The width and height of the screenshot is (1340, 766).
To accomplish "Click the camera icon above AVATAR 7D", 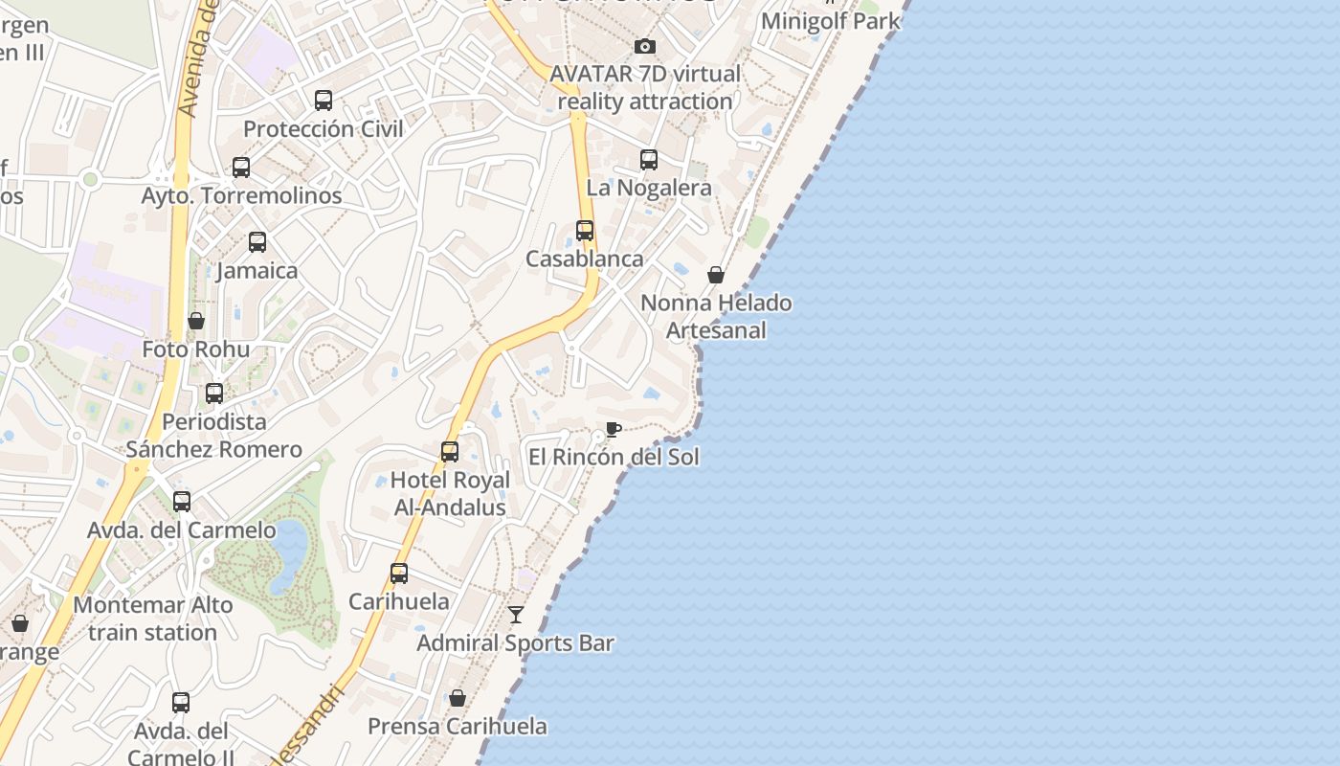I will [645, 46].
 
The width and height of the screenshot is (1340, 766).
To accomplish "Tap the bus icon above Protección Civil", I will [324, 100].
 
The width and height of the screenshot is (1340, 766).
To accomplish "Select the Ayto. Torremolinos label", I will [241, 195].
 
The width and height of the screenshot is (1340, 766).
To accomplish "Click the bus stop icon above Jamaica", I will [257, 241].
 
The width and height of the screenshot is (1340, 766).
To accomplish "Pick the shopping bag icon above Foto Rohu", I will [196, 321].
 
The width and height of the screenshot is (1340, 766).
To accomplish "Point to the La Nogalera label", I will [649, 188].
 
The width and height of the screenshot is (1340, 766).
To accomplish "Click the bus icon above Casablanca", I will [585, 231].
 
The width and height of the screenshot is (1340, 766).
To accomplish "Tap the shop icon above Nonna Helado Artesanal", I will [716, 276].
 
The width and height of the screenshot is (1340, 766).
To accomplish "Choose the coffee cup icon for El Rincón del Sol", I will [614, 429].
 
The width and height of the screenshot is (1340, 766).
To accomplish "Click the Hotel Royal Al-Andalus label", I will [450, 493].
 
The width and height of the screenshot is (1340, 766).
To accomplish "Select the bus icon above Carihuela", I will [399, 574].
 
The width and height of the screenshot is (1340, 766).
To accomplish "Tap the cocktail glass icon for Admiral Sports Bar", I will [516, 614].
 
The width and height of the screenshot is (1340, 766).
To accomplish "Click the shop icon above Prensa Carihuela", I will [458, 698].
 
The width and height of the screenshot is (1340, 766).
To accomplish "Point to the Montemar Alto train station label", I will [153, 619].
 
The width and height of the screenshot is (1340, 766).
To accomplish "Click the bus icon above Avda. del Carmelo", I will [182, 501].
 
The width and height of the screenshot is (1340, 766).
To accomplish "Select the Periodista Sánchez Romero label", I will [214, 436].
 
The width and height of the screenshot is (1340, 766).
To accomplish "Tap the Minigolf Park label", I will [830, 20].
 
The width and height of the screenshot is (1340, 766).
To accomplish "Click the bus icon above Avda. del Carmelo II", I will [181, 703].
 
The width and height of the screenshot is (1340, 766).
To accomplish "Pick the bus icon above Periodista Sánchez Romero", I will [214, 394].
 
